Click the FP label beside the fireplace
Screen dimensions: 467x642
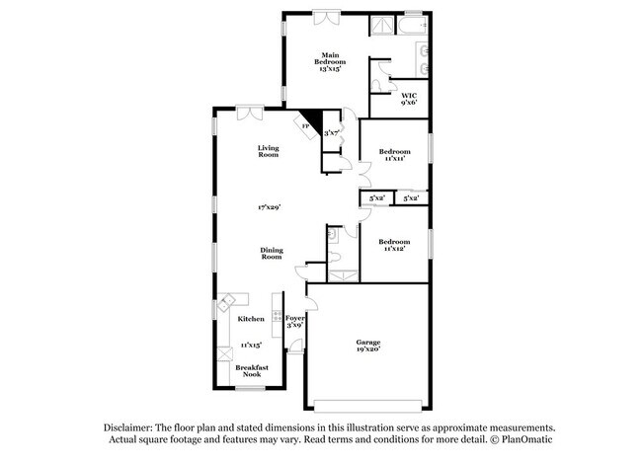tap(305, 126)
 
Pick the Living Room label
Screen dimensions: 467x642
tap(269, 150)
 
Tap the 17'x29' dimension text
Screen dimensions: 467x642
tap(270, 207)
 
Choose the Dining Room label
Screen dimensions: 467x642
tap(272, 253)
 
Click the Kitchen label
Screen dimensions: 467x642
tap(250, 319)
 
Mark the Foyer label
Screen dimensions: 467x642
tap(294, 318)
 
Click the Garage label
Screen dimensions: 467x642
tap(368, 342)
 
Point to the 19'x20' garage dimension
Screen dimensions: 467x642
tap(368, 350)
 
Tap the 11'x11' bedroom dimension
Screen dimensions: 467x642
tap(394, 158)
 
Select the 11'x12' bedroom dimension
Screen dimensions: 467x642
tap(394, 248)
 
